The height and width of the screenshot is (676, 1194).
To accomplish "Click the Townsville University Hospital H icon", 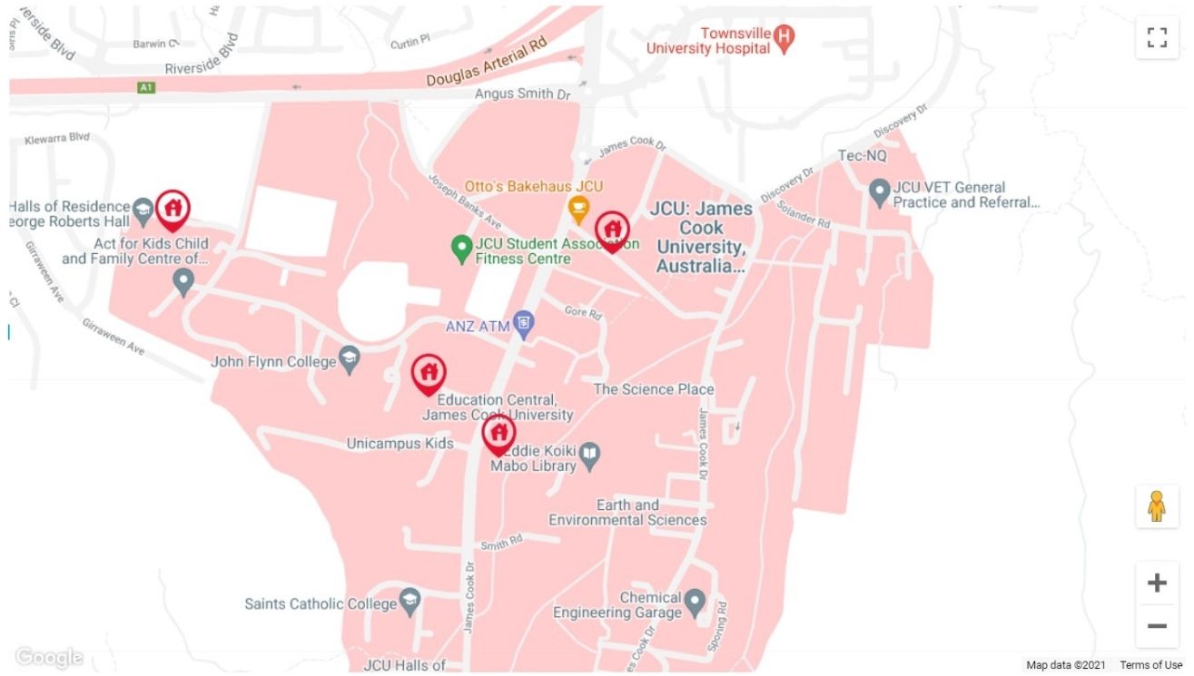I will point(785,36).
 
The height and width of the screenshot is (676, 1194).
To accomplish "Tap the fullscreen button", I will point(1156,37).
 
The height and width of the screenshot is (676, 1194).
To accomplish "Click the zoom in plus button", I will point(1156,583).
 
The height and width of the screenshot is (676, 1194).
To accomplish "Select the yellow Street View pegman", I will point(1156,506).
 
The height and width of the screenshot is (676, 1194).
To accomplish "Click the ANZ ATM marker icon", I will point(523,321).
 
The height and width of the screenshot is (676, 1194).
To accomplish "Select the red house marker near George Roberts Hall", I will point(173,209).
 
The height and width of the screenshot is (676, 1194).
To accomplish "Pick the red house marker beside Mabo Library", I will point(498,433).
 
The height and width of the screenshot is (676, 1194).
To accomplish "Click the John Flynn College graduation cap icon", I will point(350,360).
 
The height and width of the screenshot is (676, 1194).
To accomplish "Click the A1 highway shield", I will point(146,88).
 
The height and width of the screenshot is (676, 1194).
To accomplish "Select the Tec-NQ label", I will point(862,156).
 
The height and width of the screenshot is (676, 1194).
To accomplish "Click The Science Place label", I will point(653,389).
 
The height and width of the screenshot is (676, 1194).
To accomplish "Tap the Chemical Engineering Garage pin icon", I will point(695,600).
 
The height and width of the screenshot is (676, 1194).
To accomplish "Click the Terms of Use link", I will point(1150,665).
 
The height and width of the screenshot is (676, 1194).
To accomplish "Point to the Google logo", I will point(49,658).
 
